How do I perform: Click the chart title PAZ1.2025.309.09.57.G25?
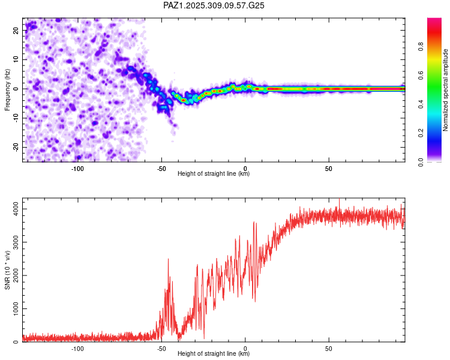pyautogui.click(x=214, y=5)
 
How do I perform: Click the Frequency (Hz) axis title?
pyautogui.click(x=7, y=90)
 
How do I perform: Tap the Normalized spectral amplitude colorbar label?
pyautogui.click(x=446, y=90)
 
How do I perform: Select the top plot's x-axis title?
pyautogui.click(x=214, y=174)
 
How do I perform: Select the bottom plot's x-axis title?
pyautogui.click(x=214, y=354)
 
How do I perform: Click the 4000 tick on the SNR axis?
pyautogui.click(x=14, y=208)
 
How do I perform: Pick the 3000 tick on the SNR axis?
pyautogui.click(x=14, y=242)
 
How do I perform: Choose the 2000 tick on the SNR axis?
pyautogui.click(x=14, y=275)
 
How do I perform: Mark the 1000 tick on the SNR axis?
pyautogui.click(x=14, y=309)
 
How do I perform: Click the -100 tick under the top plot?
pyautogui.click(x=77, y=168)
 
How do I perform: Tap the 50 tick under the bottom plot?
pyautogui.click(x=329, y=348)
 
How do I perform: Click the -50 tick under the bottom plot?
pyautogui.click(x=161, y=348)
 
